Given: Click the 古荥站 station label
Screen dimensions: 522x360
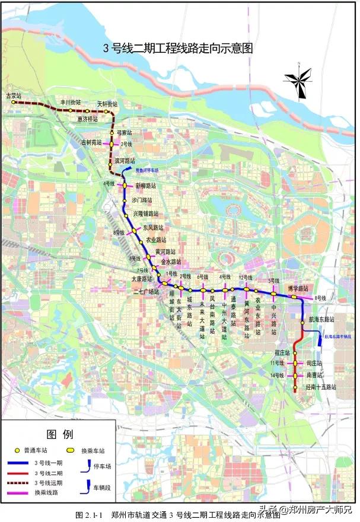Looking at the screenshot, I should [13, 95].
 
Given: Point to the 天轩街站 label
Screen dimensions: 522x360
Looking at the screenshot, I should [107, 104].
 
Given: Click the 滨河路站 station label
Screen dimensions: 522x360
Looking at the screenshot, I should [125, 161].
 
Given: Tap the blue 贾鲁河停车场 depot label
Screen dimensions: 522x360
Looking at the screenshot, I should [147, 170].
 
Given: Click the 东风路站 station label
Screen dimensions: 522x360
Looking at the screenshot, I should [153, 227].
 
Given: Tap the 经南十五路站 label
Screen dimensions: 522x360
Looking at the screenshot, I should [320, 387].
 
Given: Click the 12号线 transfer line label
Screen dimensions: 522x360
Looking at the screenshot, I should [246, 278].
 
